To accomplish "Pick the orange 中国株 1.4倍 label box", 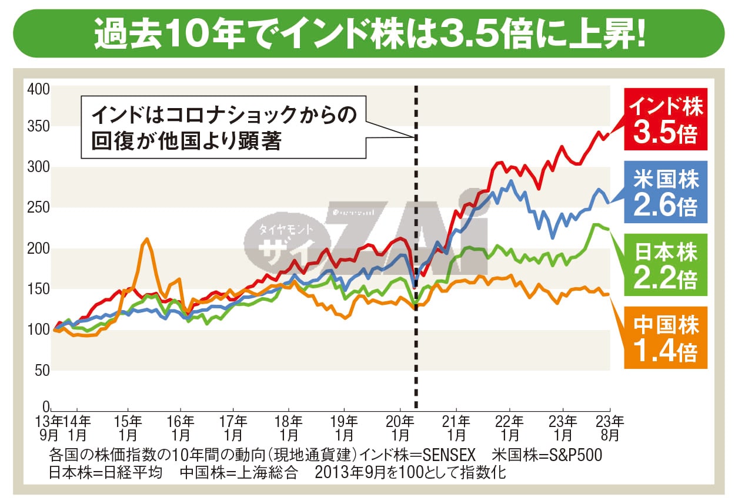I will [666, 338].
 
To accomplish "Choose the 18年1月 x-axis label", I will [289, 428].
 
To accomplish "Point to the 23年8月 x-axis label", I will [609, 428].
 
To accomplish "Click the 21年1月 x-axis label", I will [456, 428].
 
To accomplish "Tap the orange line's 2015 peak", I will [146, 239].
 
